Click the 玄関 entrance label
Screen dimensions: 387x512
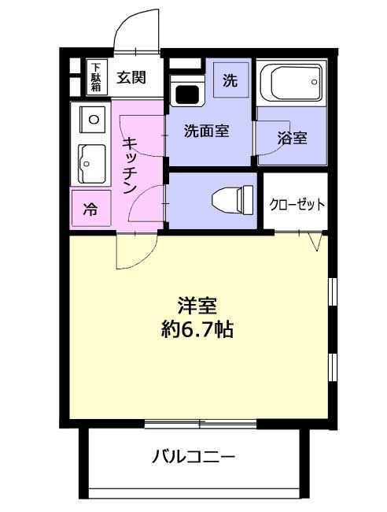[131, 78]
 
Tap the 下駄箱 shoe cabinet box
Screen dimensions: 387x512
[96, 77]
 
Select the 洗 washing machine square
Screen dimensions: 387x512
[230, 80]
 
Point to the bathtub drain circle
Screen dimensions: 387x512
[315, 82]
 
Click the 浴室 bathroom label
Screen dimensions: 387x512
[292, 138]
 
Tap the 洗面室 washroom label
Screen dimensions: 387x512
[206, 131]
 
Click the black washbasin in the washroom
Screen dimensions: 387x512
[186, 95]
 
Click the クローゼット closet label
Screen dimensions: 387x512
[297, 205]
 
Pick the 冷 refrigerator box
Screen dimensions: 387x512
[91, 208]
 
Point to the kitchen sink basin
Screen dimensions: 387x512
[92, 164]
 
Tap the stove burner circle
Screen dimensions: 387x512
[94, 120]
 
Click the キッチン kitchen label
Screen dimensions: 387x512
[131, 165]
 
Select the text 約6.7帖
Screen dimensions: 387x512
[197, 330]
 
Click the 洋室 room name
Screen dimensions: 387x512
[197, 306]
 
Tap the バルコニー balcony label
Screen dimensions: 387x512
[193, 457]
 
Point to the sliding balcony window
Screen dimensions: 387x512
[200, 424]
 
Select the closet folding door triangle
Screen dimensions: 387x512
[315, 242]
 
